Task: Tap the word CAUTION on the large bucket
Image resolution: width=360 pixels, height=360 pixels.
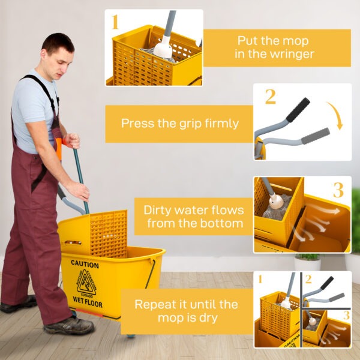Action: [x=85, y=264]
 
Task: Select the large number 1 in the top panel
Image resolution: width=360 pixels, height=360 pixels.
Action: [x=115, y=23]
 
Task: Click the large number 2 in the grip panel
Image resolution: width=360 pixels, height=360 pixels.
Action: [x=270, y=97]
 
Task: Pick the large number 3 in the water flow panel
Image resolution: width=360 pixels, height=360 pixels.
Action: [x=338, y=190]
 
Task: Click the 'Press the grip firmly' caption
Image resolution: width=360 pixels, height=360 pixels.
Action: [x=179, y=124]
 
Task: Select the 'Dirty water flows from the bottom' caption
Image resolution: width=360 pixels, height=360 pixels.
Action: [x=193, y=217]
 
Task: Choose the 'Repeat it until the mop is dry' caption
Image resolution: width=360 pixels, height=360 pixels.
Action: [x=186, y=311]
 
